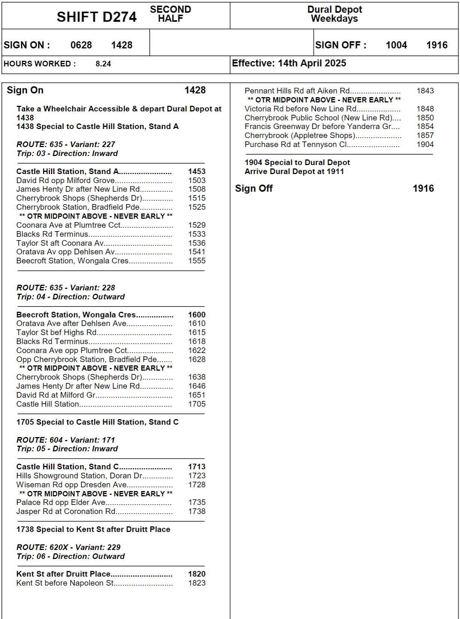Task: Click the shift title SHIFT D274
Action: point(96,17)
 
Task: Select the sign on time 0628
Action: point(81,45)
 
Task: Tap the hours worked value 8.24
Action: point(103,64)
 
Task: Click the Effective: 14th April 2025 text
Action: point(289,63)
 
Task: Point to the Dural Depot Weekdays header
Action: point(334,14)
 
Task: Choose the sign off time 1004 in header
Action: point(396,45)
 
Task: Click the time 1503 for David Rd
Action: point(197,180)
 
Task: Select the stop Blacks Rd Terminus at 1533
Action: point(52,234)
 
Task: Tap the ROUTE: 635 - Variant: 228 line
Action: point(66,288)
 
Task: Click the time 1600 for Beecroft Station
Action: point(197,315)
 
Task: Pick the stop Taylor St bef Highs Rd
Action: point(57,332)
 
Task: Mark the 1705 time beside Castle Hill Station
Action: point(197,404)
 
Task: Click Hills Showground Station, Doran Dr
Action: point(79,476)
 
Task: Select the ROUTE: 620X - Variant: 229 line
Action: point(68,547)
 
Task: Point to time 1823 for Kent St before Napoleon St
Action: point(197,583)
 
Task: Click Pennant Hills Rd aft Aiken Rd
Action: point(297,91)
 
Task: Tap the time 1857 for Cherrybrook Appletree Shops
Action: point(425,135)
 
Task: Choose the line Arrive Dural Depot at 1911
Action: point(294,171)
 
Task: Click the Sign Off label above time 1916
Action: point(254,188)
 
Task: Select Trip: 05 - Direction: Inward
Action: point(67,449)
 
